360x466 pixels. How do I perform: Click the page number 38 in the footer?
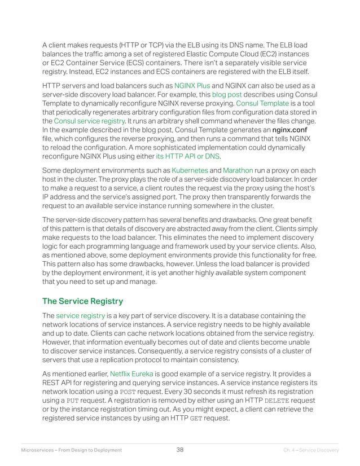pos(180,450)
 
